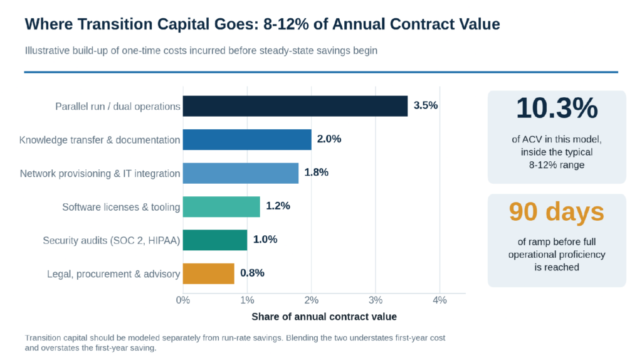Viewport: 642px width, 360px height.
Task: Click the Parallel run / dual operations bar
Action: click(295, 106)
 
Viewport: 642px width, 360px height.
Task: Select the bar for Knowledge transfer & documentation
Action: click(247, 140)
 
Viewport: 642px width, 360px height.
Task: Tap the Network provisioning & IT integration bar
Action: click(241, 173)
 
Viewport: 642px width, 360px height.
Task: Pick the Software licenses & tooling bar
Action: click(221, 207)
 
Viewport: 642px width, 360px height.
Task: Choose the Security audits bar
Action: click(215, 240)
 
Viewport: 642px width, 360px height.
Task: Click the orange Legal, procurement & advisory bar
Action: click(208, 273)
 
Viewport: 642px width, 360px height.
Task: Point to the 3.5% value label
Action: click(426, 105)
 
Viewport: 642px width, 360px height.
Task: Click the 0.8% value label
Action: click(252, 273)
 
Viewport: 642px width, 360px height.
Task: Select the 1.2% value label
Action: click(278, 206)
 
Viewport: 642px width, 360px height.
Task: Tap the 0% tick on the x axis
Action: click(183, 300)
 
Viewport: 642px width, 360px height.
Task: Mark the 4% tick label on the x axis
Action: click(439, 300)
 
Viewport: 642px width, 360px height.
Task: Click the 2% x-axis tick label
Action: click(311, 300)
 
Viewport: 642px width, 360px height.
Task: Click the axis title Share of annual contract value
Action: click(324, 317)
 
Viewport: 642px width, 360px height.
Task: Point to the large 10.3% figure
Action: click(557, 109)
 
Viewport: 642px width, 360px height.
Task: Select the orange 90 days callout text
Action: click(557, 212)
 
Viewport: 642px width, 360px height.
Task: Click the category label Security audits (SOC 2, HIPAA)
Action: click(112, 240)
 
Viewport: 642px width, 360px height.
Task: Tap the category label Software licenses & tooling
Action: click(121, 207)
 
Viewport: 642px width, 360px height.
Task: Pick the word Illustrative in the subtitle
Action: click(48, 51)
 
